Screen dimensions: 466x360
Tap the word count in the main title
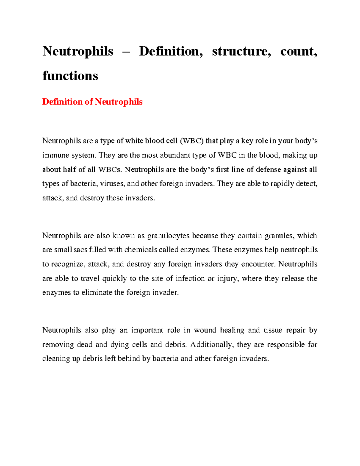click(298, 51)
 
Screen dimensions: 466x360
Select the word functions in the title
click(70, 76)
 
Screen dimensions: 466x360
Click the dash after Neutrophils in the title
click(126, 52)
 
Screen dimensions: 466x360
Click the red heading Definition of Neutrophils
click(92, 102)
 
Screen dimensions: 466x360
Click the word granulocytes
click(168, 236)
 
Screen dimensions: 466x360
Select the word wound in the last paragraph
click(205, 330)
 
